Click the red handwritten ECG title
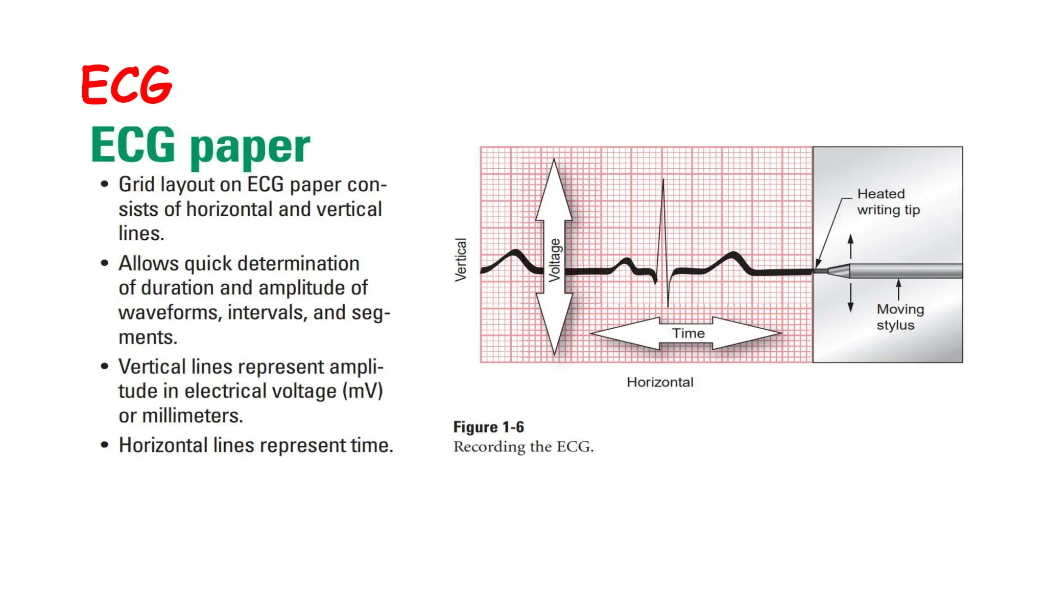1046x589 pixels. point(127,84)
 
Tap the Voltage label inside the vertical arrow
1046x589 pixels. point(555,260)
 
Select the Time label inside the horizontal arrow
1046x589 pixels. point(688,333)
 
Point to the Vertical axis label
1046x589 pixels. point(461,260)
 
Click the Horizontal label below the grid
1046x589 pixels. point(660,382)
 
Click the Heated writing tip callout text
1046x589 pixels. point(888,202)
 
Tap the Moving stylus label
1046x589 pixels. point(900,317)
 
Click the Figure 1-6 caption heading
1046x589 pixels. point(488,427)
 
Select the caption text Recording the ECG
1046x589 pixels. point(523,447)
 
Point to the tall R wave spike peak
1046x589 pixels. point(663,182)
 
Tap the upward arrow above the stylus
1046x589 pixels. point(850,245)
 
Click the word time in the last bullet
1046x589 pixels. point(369,445)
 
